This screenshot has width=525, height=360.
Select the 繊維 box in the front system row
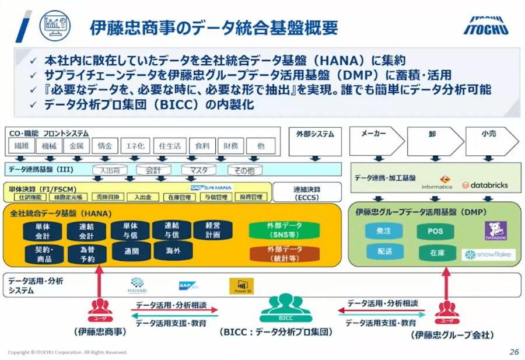pyautogui.click(x=21, y=146)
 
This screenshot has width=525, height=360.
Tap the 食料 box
pyautogui.click(x=202, y=146)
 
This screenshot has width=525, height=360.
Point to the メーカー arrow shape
pyautogui.click(x=376, y=141)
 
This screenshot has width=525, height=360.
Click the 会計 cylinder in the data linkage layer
pyautogui.click(x=153, y=170)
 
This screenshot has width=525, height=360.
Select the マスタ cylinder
pyautogui.click(x=198, y=170)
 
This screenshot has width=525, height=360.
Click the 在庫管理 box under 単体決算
pyautogui.click(x=179, y=197)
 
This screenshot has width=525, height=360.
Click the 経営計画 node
pyautogui.click(x=213, y=230)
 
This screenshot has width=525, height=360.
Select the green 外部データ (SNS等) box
pyautogui.click(x=285, y=230)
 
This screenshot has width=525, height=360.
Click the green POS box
pyautogui.click(x=436, y=232)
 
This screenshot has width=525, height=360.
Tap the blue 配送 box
pyautogui.click(x=383, y=252)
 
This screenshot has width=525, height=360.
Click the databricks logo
pyautogui.click(x=485, y=185)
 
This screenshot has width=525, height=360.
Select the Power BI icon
pyautogui.click(x=241, y=285)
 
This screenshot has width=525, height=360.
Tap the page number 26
pyautogui.click(x=513, y=352)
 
